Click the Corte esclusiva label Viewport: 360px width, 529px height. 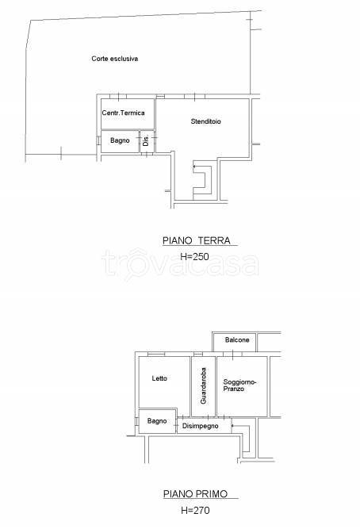click(x=115, y=59)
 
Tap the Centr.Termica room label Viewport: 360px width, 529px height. click(x=123, y=113)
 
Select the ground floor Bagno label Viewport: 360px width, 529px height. click(x=120, y=140)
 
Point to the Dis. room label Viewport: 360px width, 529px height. click(x=146, y=141)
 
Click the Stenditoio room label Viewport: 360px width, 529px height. click(x=206, y=121)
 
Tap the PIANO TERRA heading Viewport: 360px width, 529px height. click(x=197, y=240)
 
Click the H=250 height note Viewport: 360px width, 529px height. click(x=195, y=256)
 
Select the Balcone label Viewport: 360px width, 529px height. click(x=237, y=339)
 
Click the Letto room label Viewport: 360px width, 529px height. click(x=159, y=378)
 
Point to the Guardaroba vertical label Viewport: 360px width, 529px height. click(x=203, y=385)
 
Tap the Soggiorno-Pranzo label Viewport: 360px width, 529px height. click(x=239, y=385)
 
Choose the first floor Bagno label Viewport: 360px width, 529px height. click(x=157, y=421)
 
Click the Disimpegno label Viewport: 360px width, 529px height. click(x=200, y=426)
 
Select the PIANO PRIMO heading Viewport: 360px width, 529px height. click(x=195, y=494)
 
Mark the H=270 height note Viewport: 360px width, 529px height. click(x=195, y=510)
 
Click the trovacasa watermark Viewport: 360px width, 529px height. click(x=180, y=263)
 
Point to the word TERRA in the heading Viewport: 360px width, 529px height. click(x=214, y=240)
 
